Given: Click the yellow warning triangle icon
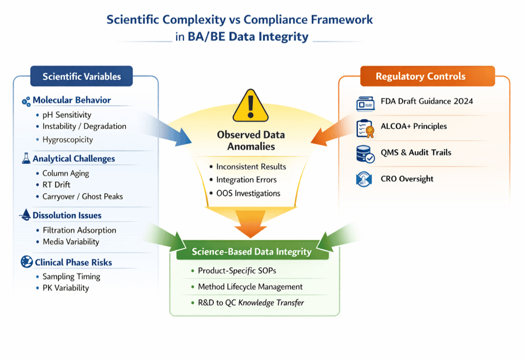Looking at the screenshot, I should pos(250,106).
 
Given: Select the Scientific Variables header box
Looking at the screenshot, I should pos(82,77).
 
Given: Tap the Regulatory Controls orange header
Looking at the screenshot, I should pos(420,76).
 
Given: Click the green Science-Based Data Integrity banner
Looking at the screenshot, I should pos(252,252).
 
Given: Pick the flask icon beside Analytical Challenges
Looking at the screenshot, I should pos(26,159).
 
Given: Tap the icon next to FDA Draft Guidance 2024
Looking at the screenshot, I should pos(365,103).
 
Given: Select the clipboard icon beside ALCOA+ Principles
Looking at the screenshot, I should pos(365,127).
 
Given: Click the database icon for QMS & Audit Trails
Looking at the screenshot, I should pos(365,154).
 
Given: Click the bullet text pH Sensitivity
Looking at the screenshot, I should pos(67,115).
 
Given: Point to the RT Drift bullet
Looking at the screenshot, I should pos(56,185).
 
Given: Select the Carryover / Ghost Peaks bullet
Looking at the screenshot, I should pos(82,196).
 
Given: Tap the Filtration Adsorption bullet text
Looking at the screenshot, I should pos(79,230).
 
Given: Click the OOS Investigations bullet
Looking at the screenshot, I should pos(248,193).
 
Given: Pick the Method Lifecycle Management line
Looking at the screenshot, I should pos(250,286).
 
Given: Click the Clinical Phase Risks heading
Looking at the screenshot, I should pos(73,262).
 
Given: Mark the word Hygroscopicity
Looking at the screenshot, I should pos(68,139).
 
